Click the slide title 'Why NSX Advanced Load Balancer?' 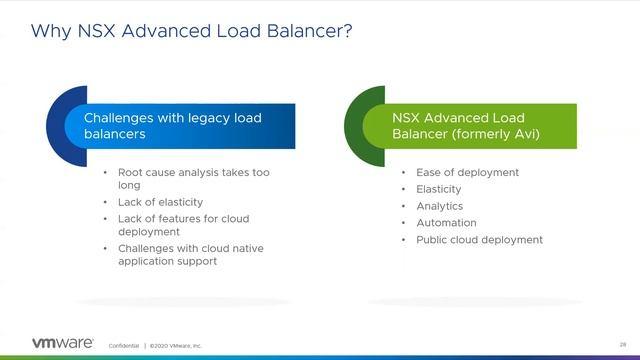[x=191, y=30]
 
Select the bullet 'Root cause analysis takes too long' [x=193, y=178]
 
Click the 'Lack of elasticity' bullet [x=161, y=202]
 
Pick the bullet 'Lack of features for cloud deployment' [x=183, y=224]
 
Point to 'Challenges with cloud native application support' [x=190, y=254]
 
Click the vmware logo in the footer [x=63, y=343]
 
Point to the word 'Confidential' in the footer [x=124, y=345]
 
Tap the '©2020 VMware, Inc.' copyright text [x=176, y=345]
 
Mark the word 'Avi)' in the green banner [x=524, y=134]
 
